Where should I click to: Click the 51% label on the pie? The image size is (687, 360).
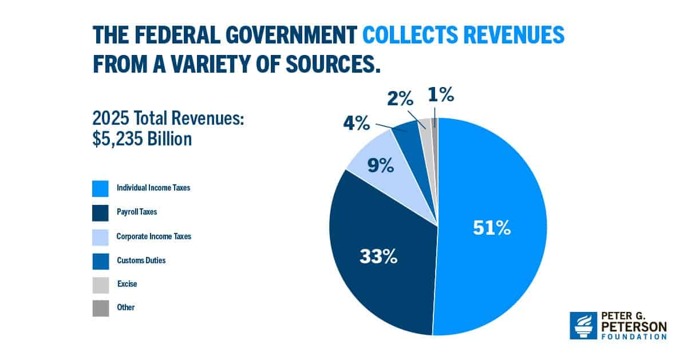point(491,228)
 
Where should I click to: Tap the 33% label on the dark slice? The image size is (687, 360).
point(378,256)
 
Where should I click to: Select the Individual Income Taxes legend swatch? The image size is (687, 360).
point(100,188)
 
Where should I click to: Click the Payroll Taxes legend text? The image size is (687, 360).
point(137,212)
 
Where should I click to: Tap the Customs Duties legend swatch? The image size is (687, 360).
point(100,260)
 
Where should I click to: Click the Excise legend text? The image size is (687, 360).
point(127,283)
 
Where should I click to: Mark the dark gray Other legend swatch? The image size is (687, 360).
point(100,308)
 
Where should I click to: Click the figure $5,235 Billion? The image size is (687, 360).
point(142,139)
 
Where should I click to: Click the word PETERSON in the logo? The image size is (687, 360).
point(634,327)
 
